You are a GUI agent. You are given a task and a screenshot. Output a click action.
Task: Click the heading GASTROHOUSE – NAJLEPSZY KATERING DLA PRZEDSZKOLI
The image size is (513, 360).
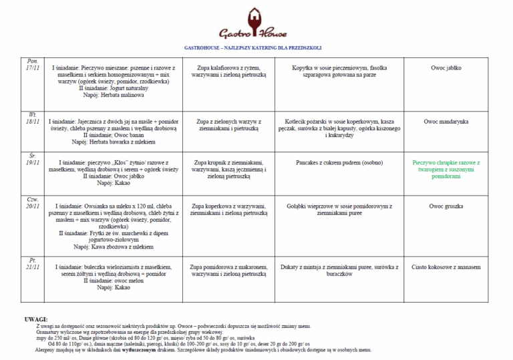point(253,48)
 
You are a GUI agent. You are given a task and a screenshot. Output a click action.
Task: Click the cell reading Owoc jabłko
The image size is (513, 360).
point(446,68)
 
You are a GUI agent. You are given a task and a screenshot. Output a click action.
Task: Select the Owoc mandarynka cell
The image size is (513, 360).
point(446,122)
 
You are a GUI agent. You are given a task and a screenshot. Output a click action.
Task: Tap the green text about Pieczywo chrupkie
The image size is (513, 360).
point(446,169)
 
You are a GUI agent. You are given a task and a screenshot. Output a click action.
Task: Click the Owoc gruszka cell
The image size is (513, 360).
point(446,206)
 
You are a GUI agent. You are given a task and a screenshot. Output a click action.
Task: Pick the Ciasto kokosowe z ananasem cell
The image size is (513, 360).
point(446,266)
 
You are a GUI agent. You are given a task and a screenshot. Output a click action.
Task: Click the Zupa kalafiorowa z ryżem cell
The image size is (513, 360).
point(228,71)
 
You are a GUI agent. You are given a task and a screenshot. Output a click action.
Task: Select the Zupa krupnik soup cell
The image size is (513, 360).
point(228,169)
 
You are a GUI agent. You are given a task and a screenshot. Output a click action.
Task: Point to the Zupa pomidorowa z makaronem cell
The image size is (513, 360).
point(228,270)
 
